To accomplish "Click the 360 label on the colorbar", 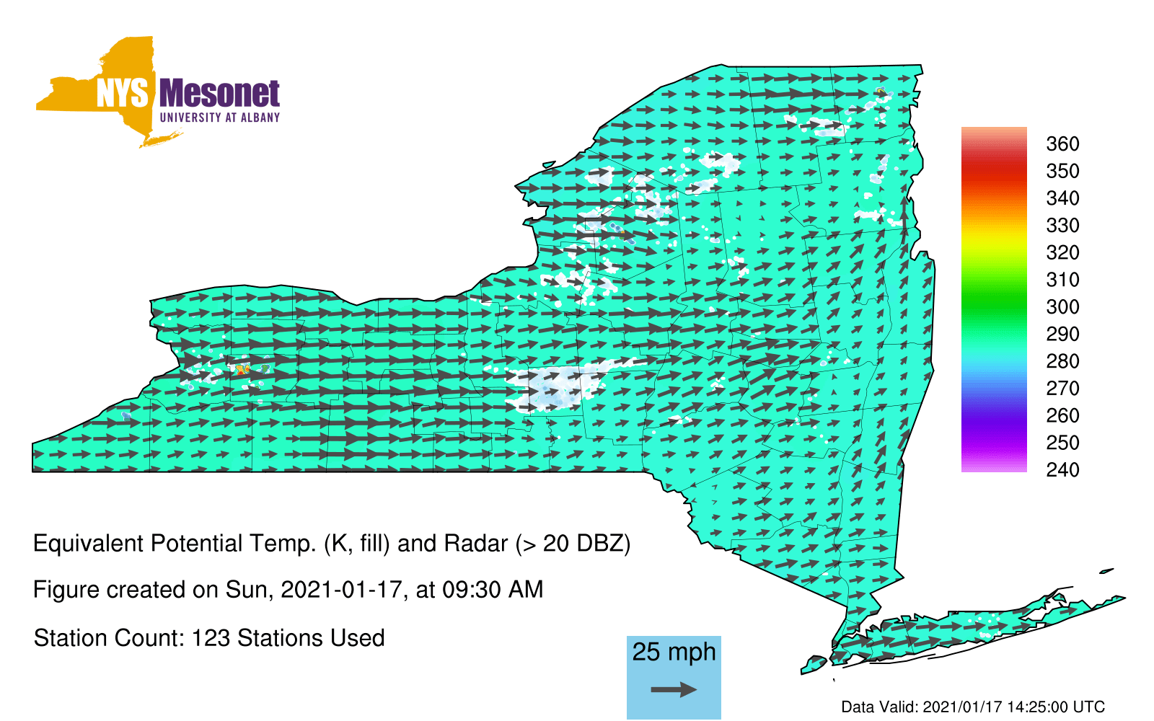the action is (1062, 143).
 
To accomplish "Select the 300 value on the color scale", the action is (1062, 307).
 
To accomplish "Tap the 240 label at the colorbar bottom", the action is (1062, 469).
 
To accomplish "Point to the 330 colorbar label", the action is (1062, 226).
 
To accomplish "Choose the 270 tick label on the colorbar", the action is (1062, 389).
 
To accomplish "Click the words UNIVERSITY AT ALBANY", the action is (220, 118).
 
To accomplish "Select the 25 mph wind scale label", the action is (674, 653).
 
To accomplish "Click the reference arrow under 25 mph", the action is (674, 689).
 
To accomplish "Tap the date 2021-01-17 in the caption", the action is (341, 590).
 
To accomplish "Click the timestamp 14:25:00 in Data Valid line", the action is (1034, 707).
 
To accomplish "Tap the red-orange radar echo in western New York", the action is (242, 368).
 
